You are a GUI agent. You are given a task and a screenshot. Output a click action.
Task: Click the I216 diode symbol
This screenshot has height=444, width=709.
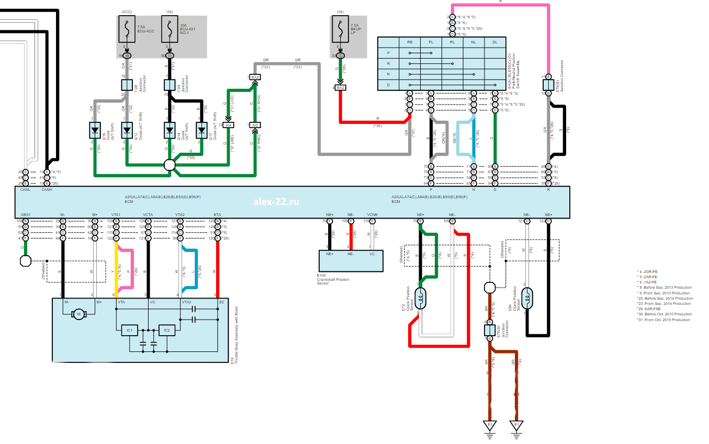[95, 129]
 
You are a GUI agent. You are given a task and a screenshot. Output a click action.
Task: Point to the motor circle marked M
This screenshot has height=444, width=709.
[80, 314]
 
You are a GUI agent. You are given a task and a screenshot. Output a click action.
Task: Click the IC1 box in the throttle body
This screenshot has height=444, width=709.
[129, 330]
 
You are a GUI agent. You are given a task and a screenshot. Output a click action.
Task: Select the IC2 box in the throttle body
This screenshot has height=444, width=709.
[166, 330]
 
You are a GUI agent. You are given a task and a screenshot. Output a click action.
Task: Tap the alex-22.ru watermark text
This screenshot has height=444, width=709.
[276, 202]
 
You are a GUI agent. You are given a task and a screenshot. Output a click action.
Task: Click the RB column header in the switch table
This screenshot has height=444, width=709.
[410, 42]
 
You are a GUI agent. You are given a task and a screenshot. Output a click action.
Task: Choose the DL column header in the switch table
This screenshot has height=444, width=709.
[495, 42]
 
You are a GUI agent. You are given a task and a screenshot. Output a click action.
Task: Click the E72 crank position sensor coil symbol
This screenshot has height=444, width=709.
[421, 297]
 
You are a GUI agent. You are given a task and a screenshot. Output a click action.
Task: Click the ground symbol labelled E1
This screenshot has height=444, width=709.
[517, 425]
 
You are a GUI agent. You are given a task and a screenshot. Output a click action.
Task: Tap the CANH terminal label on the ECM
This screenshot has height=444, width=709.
[47, 190]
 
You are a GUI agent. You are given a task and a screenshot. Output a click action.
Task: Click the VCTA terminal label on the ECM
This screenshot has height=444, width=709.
[148, 215]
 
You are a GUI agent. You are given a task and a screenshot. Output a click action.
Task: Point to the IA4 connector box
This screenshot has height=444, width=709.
[229, 125]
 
